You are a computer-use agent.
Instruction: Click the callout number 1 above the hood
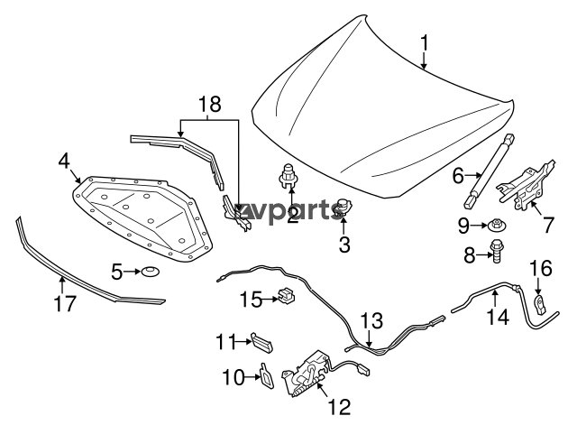(425, 43)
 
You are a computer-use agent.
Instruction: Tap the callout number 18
(210, 105)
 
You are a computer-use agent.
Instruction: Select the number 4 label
(64, 161)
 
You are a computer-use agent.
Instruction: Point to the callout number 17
(65, 304)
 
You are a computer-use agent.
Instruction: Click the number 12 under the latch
(339, 407)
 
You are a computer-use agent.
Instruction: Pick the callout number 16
(541, 268)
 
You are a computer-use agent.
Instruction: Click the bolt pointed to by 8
(495, 251)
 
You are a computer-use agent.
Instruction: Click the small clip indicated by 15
(287, 294)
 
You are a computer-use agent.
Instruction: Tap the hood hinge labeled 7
(525, 185)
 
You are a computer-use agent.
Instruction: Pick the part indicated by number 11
(262, 343)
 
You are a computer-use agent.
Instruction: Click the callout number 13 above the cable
(371, 321)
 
